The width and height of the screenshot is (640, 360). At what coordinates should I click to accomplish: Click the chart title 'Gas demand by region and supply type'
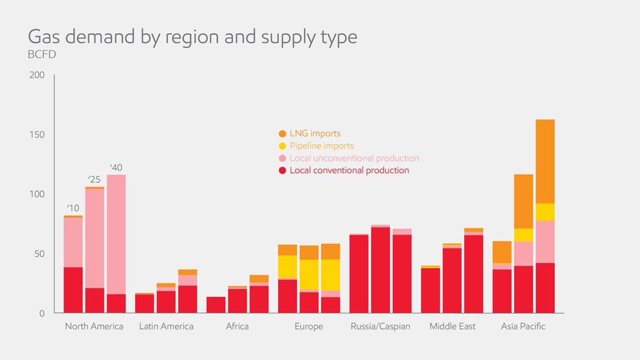pos(192,37)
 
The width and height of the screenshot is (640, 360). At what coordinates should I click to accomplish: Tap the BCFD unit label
pos(42,55)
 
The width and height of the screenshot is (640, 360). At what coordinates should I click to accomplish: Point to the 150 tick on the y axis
pos(37,135)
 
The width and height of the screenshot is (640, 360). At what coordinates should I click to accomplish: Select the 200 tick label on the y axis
pos(37,75)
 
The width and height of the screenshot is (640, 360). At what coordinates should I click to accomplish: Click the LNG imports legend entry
pos(315,134)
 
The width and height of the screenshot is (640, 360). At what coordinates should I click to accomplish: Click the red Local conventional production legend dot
pos(282,171)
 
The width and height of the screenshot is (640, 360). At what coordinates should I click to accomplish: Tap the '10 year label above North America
pos(73,208)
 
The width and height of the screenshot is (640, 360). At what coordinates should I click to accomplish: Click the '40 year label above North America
pos(116,167)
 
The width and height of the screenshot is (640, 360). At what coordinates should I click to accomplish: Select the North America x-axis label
pos(94,326)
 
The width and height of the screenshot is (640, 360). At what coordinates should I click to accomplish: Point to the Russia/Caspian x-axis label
pos(380,326)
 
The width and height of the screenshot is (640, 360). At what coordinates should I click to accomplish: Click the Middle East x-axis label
pos(452,326)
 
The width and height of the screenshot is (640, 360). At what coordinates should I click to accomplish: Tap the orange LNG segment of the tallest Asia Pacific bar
pos(545,161)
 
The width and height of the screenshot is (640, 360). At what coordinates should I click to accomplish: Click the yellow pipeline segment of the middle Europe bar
pos(309,274)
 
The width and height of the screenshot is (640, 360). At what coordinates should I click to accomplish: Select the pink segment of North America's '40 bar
pos(116,234)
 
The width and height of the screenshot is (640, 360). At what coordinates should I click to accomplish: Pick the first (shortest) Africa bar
pos(216,305)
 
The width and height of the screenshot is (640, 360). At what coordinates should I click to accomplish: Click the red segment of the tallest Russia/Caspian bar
pos(380,270)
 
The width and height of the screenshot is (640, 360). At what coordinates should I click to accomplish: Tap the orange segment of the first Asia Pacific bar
pos(501,252)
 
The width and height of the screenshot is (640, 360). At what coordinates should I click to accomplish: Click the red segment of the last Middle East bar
pos(474,274)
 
